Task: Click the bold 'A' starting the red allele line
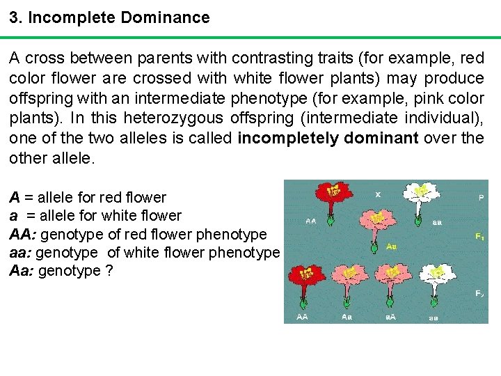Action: coord(15,198)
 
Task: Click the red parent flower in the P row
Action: coord(333,191)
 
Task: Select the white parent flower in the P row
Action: coord(419,191)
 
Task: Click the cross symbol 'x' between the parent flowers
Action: coord(378,194)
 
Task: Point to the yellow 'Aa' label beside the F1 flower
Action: coord(392,246)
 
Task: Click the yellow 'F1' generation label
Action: coord(479,237)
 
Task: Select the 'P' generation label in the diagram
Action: coord(481,198)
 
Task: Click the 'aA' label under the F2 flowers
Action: coord(391,317)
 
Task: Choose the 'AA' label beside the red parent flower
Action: coord(311,221)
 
